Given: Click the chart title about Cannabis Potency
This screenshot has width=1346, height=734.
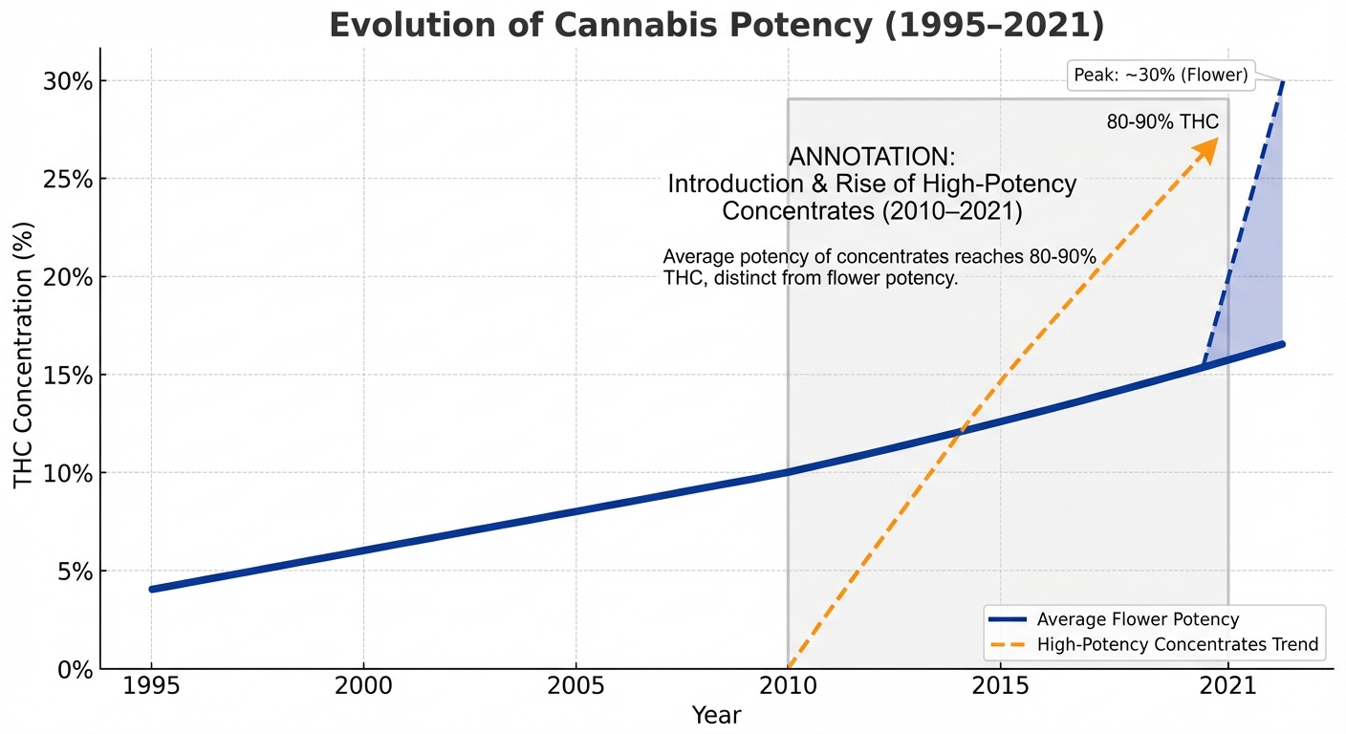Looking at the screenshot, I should click(x=716, y=26).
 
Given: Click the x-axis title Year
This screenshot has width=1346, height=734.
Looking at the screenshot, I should click(x=716, y=715).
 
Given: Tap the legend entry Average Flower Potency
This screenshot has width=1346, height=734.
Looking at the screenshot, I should click(x=1138, y=619).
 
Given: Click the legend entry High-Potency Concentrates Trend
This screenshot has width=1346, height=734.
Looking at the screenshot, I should click(x=1177, y=645).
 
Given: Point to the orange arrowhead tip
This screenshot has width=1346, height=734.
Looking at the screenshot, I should click(x=1218, y=139).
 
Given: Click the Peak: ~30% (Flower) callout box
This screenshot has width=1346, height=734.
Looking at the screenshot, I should click(x=1161, y=76).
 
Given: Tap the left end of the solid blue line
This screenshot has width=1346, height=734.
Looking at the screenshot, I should click(x=152, y=589).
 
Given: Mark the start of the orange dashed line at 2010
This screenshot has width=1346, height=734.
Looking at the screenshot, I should click(x=789, y=668).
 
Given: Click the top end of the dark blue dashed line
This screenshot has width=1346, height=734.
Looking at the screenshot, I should click(x=1282, y=82).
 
